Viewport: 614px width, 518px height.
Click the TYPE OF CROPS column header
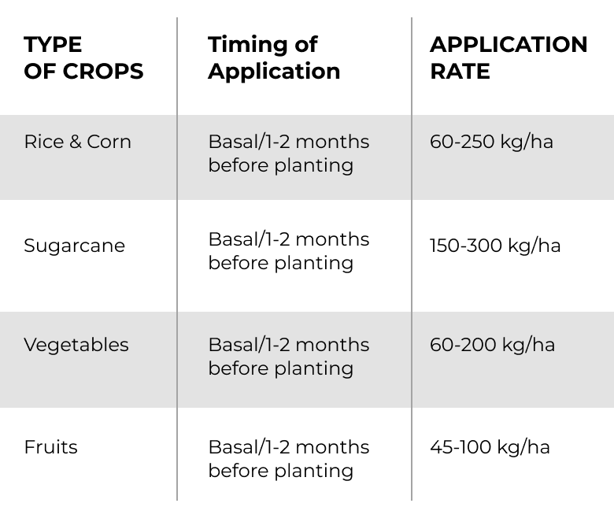click(x=83, y=58)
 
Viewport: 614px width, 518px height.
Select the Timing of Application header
click(x=274, y=58)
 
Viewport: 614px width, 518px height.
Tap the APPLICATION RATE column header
click(x=509, y=58)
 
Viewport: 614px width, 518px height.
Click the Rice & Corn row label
click(x=77, y=142)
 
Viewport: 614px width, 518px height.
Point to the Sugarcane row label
click(x=75, y=246)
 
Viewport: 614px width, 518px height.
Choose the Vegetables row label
click(x=76, y=346)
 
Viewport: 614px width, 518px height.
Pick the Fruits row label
click(x=51, y=447)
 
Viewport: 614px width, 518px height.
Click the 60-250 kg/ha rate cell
click(x=491, y=142)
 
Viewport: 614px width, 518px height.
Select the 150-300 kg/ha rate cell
click(x=495, y=246)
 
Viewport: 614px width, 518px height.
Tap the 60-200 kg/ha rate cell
click(x=492, y=346)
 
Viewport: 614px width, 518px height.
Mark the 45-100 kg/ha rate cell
click(x=490, y=447)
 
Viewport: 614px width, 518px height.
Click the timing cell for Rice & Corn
click(x=289, y=154)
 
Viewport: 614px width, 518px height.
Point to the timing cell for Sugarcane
click(x=289, y=251)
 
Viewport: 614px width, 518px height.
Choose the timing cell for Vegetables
click(x=289, y=357)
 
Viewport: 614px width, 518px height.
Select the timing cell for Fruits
click(x=289, y=459)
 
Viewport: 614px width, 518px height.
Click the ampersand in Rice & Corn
click(x=76, y=142)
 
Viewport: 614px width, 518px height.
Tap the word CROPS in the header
click(x=103, y=72)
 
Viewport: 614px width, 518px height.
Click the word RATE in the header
click(x=460, y=72)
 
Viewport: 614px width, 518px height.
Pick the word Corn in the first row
click(x=109, y=142)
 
